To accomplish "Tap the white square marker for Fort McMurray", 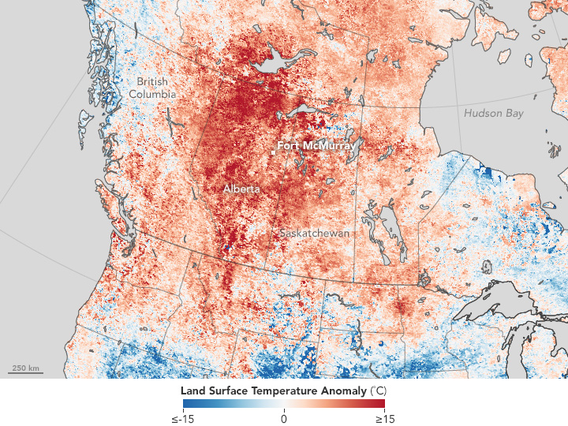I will pos(273,150).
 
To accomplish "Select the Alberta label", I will pos(241,189).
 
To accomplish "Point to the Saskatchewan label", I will pos(315,234).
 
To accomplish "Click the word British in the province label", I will pos(152,82).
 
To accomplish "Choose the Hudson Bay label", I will pos(493,114).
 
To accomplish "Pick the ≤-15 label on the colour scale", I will pos(184,417).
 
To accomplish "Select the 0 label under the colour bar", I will pos(284,417).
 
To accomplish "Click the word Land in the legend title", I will pos(192,390).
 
